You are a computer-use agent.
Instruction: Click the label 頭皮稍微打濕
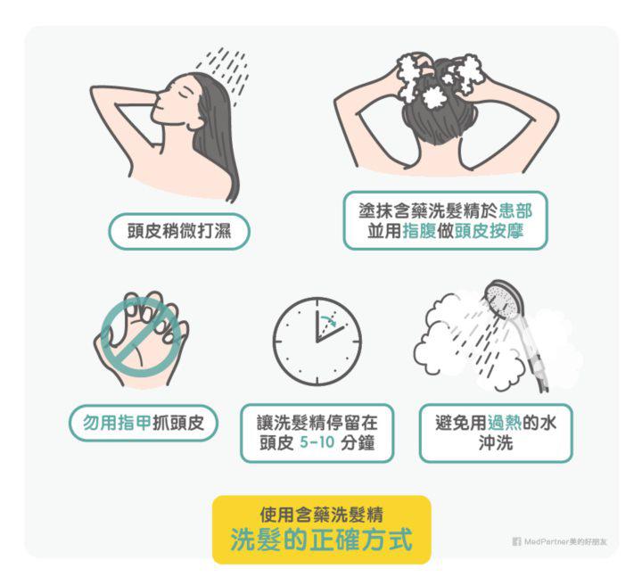(179, 231)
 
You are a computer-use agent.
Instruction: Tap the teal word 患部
(515, 211)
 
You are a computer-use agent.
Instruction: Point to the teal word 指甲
(135, 423)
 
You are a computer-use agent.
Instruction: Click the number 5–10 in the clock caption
(317, 443)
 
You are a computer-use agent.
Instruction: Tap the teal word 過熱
(505, 423)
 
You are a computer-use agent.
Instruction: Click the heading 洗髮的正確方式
(321, 540)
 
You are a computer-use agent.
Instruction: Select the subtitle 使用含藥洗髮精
(321, 515)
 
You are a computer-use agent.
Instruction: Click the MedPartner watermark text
(565, 541)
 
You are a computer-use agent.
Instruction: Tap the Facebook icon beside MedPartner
(516, 541)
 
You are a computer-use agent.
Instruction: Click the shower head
(505, 300)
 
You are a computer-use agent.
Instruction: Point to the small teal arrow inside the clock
(328, 320)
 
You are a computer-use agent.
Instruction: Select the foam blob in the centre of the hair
(435, 97)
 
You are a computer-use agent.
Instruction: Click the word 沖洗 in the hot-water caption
(496, 443)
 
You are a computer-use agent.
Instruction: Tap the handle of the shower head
(531, 352)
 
